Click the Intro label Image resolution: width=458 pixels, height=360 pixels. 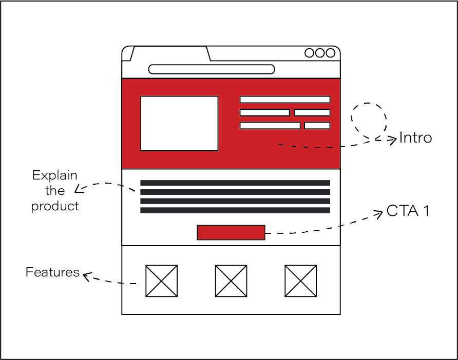(415, 138)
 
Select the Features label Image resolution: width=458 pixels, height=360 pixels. (52, 272)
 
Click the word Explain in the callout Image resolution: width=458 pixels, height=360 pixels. (54, 175)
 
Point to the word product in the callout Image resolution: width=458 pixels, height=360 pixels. (54, 206)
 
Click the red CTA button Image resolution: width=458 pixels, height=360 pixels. (231, 232)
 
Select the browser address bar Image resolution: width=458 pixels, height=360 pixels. (211, 69)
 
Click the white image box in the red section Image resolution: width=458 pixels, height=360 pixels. (179, 124)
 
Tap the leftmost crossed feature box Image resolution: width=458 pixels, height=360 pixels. (161, 281)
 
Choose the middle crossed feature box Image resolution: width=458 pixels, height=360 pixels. (231, 281)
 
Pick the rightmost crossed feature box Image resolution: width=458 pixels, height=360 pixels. (301, 281)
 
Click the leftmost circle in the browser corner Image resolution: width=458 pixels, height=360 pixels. (310, 53)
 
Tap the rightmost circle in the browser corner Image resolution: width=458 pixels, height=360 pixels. (330, 53)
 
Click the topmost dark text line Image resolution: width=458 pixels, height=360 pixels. (235, 183)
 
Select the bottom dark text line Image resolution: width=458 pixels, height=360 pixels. (235, 210)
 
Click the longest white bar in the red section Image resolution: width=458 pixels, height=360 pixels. (285, 99)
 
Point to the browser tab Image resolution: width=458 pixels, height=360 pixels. (169, 54)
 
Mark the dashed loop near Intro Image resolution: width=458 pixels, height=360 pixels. (369, 119)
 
